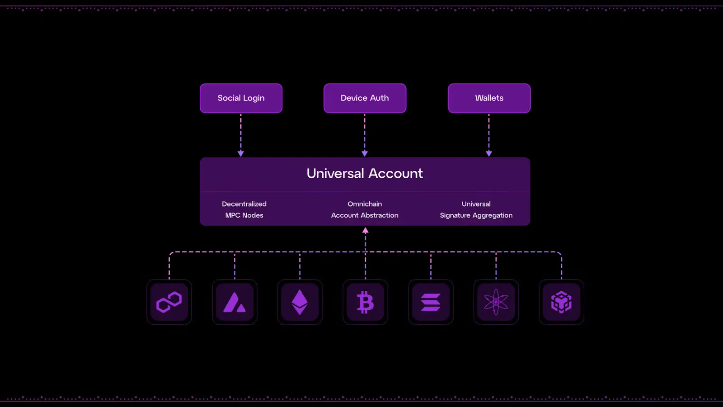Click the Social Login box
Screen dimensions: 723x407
click(241, 98)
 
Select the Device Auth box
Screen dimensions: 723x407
click(365, 98)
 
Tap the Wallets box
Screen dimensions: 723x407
click(489, 98)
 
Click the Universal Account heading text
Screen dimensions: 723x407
click(365, 174)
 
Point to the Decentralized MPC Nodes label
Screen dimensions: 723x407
click(244, 210)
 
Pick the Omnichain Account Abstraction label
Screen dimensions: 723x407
click(365, 210)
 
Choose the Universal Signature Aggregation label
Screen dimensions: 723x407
click(476, 210)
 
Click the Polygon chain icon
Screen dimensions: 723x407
click(169, 302)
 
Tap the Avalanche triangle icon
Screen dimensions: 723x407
click(235, 302)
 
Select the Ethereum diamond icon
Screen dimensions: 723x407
click(300, 302)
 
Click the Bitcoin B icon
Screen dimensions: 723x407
click(366, 302)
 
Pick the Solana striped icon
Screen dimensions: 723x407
click(431, 302)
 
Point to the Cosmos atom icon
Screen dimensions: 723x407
click(496, 302)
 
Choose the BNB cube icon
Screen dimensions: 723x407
click(561, 302)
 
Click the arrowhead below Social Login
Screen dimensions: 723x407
click(241, 153)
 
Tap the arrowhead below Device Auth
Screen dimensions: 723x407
click(365, 153)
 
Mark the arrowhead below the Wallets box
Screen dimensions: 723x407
click(489, 153)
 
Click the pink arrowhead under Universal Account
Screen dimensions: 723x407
click(366, 230)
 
